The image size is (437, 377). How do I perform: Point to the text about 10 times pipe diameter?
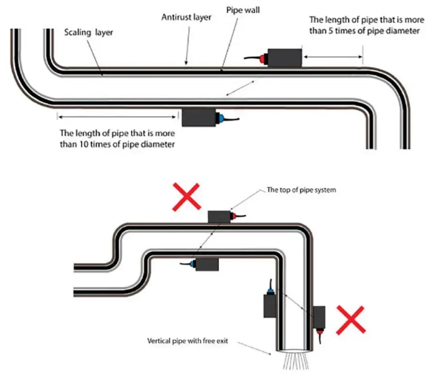(x=117, y=137)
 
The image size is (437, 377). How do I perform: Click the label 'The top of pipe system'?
(x=301, y=190)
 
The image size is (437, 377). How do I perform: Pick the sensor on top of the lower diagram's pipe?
(x=220, y=216)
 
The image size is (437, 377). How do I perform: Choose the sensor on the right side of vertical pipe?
(x=319, y=317)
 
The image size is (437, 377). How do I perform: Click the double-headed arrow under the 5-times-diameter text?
(x=333, y=57)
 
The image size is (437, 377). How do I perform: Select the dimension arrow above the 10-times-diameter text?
(x=117, y=117)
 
